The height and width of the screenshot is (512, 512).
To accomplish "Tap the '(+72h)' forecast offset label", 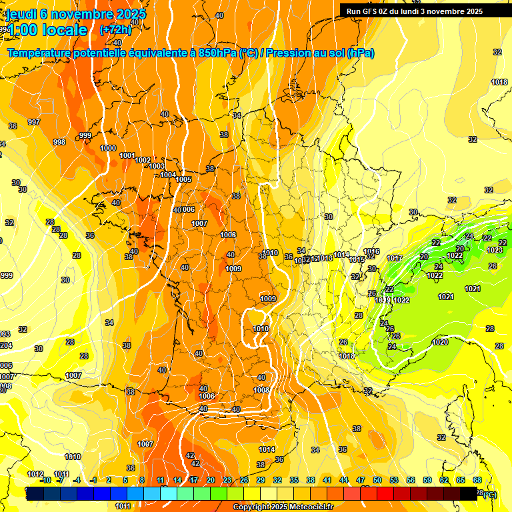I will [x=115, y=30].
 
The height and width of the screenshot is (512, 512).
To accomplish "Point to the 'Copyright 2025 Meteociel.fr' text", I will [x=283, y=507].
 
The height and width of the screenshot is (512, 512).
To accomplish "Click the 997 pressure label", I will [x=34, y=122].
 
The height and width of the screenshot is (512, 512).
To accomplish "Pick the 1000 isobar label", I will [x=108, y=148].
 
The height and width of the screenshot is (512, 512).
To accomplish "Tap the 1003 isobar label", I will [x=157, y=167].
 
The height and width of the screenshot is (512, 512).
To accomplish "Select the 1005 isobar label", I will [x=184, y=179].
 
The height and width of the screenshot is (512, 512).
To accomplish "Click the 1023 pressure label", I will [x=495, y=250].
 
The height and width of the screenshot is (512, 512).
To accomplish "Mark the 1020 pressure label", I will [x=440, y=342].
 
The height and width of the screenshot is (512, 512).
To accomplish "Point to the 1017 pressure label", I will [x=395, y=258].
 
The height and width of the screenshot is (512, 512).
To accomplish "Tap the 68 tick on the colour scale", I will [x=477, y=480].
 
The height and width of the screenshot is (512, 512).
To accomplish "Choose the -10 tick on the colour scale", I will [x=45, y=480].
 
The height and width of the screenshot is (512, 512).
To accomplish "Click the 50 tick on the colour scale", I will [x=377, y=480].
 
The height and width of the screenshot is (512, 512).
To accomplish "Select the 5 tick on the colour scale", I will [x=125, y=480].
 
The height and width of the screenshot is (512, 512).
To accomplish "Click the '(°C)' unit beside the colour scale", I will [x=490, y=495].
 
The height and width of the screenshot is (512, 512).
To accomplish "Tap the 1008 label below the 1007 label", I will [x=228, y=235].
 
